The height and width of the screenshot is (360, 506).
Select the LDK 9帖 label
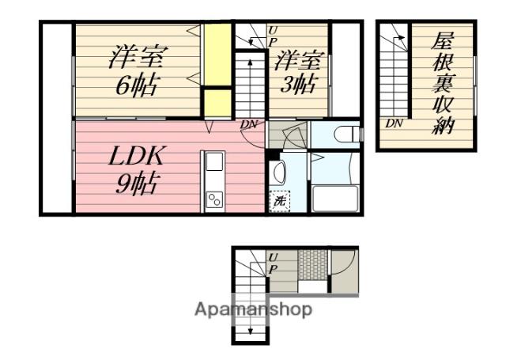[137, 169]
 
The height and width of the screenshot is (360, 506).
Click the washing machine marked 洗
[279, 202]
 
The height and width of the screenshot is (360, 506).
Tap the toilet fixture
[347, 134]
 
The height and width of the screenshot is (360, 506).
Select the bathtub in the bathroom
[335, 199]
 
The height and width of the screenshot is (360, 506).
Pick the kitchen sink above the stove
[214, 161]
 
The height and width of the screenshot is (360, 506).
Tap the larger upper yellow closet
[218, 55]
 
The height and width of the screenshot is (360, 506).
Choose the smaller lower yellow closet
[218, 103]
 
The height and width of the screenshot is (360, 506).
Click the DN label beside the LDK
[249, 124]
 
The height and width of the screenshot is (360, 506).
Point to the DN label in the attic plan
[394, 123]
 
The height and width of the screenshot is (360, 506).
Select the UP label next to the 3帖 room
[273, 36]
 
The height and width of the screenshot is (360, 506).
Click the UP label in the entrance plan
[273, 263]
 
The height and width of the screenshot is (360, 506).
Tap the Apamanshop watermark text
[253, 309]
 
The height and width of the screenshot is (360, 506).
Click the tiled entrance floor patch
[313, 264]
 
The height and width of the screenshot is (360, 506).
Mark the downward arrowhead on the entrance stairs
[250, 332]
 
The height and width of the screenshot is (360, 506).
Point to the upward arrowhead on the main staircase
[250, 62]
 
